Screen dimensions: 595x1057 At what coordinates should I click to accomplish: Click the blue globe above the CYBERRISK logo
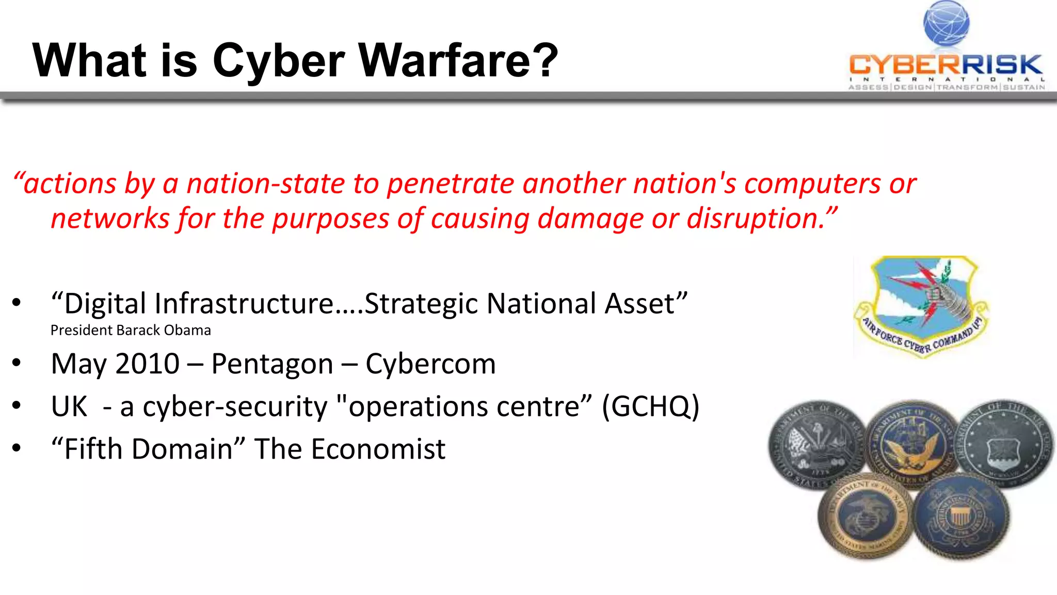946,23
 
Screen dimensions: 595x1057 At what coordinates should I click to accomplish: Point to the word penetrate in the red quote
451,184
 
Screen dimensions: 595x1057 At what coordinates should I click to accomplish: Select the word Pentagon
272,364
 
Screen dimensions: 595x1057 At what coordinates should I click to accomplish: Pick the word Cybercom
430,364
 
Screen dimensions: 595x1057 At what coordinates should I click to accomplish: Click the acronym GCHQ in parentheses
650,406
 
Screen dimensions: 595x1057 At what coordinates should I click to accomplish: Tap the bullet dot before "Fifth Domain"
17,448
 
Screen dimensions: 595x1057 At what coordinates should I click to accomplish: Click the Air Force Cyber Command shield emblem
922,305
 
